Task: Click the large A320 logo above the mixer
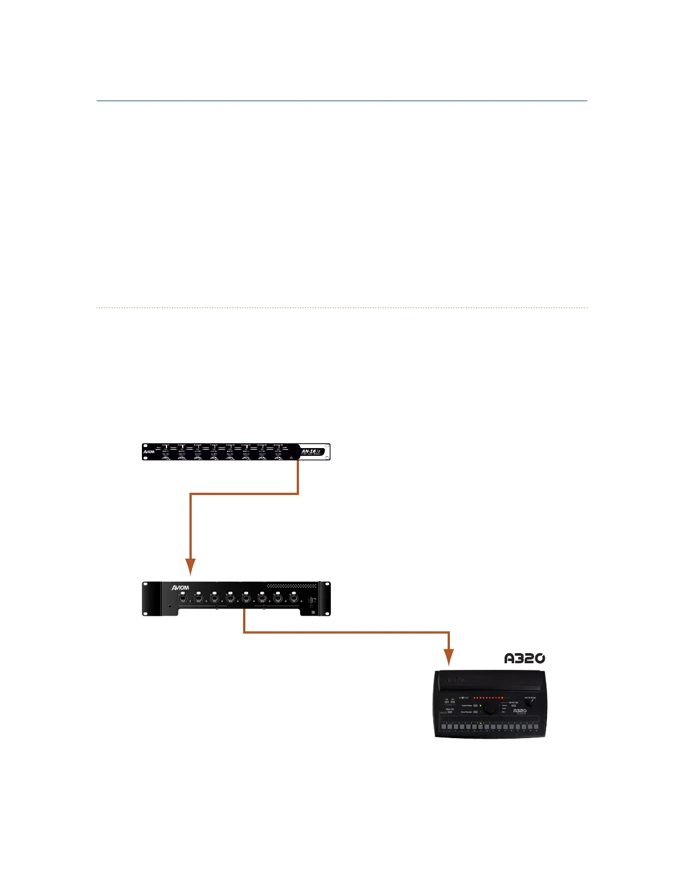tap(524, 658)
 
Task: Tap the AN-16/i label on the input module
tap(309, 451)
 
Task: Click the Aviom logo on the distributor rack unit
tap(180, 587)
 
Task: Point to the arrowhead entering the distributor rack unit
tap(191, 567)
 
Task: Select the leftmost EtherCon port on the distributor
tap(182, 598)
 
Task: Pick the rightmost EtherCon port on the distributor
tap(294, 598)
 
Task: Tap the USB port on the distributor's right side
tap(311, 601)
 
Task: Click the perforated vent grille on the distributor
tap(291, 586)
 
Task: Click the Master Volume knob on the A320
tap(529, 705)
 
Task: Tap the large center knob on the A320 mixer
tap(490, 708)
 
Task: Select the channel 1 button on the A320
tap(443, 727)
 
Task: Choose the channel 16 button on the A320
tap(536, 727)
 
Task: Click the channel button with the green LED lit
tap(480, 727)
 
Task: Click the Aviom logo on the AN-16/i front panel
tap(149, 451)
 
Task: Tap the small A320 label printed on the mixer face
tap(520, 711)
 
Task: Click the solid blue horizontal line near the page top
tap(342, 101)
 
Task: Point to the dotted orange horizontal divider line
tap(342, 307)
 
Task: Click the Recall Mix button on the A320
tap(450, 712)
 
